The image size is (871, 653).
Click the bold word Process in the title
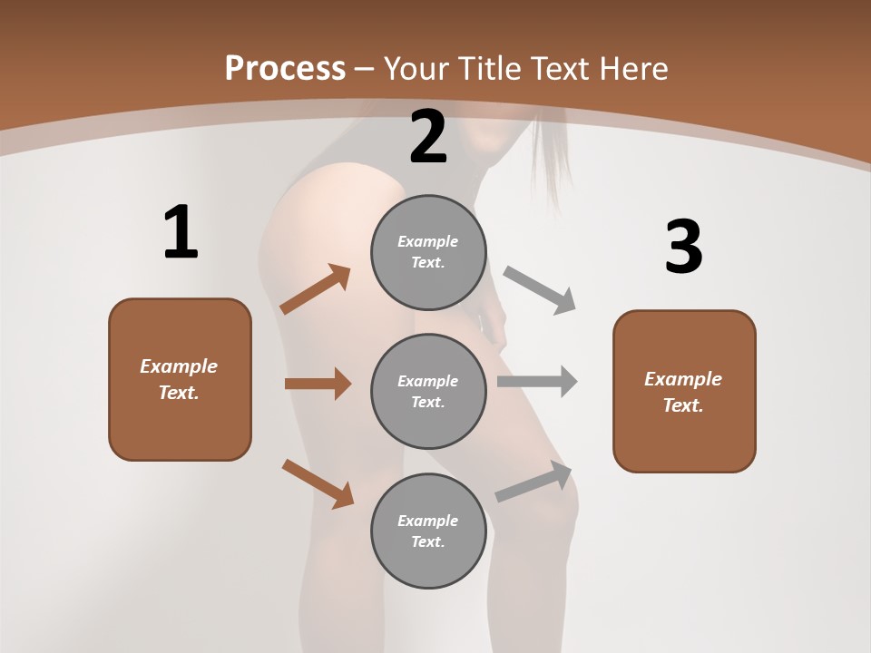click(x=285, y=68)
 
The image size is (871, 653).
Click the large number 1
click(x=181, y=233)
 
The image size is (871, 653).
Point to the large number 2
click(x=428, y=137)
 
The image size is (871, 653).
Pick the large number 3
click(x=683, y=248)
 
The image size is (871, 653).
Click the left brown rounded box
click(x=180, y=379)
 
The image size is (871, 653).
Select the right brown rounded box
click(x=684, y=392)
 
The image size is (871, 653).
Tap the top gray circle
click(x=428, y=252)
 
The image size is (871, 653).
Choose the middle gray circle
click(x=428, y=391)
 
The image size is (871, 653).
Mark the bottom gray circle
click(x=428, y=531)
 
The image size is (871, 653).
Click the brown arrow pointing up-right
click(x=316, y=289)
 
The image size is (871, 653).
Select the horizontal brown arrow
click(x=318, y=384)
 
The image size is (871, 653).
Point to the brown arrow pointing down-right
click(x=318, y=483)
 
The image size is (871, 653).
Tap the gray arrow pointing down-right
click(x=540, y=290)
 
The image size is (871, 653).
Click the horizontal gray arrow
click(x=537, y=381)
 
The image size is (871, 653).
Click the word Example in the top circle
click(x=428, y=241)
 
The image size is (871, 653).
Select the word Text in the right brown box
click(x=681, y=405)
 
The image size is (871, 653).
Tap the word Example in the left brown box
click(x=179, y=366)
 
